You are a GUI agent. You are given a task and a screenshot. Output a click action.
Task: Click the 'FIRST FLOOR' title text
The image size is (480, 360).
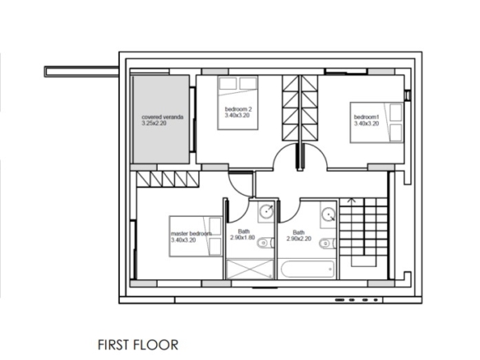[x=138, y=345]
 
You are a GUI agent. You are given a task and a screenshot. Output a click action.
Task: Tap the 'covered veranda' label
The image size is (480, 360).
[x=163, y=117]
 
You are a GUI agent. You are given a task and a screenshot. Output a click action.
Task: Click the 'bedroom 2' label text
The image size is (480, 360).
[x=238, y=109]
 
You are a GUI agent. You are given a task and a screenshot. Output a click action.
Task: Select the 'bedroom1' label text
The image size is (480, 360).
[x=367, y=117]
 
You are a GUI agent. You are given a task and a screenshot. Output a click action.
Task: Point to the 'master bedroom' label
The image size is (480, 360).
[x=192, y=233]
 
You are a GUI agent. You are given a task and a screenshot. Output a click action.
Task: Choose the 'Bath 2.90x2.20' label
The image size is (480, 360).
[x=299, y=235]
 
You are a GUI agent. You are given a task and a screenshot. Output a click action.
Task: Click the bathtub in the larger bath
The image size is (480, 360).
[x=307, y=269]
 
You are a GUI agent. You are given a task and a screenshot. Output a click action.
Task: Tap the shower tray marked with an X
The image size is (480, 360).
[x=250, y=269]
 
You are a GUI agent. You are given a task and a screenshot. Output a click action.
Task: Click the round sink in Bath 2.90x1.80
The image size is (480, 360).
[x=266, y=211]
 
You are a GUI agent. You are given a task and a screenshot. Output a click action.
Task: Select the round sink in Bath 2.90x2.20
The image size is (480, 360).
[x=329, y=215]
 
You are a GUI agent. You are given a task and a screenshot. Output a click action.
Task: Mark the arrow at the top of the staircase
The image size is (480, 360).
[x=352, y=201]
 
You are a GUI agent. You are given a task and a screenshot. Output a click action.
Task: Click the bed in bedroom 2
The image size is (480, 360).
[x=238, y=103]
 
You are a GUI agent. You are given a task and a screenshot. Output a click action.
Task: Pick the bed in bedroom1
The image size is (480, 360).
[x=376, y=122]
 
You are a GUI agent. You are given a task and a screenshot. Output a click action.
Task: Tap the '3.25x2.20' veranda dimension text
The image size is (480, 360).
[x=154, y=123]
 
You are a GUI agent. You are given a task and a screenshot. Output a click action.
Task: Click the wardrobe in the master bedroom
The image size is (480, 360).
[x=168, y=179]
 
